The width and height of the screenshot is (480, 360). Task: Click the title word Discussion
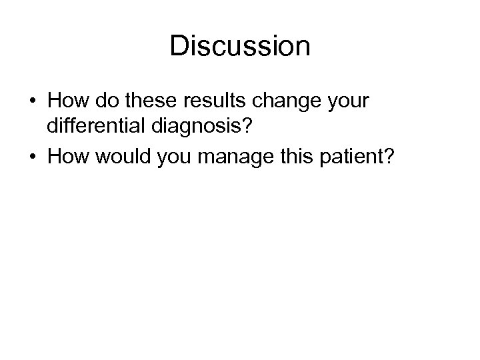pyautogui.click(x=240, y=46)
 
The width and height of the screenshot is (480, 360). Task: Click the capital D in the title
pyautogui.click(x=179, y=46)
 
